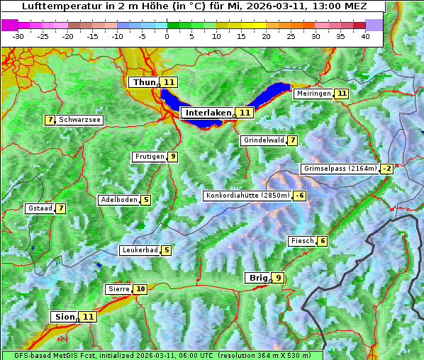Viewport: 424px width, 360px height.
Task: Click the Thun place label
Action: click(144, 82)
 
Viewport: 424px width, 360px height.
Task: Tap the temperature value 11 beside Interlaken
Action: click(245, 113)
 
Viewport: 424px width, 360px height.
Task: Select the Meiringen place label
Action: click(313, 94)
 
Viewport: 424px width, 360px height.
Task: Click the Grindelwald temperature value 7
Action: click(292, 140)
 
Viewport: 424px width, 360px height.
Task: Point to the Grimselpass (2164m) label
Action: click(340, 169)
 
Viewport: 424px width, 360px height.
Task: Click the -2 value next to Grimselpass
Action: click(386, 169)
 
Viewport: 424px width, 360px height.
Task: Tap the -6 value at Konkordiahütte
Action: click(300, 196)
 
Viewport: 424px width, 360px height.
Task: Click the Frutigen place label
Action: click(149, 157)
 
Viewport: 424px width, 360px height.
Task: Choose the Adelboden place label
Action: click(118, 200)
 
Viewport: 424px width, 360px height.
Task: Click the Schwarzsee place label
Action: click(79, 120)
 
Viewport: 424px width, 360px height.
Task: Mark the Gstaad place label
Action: click(40, 208)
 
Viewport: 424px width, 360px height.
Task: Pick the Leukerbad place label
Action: click(139, 250)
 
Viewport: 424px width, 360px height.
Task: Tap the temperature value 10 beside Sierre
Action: click(140, 289)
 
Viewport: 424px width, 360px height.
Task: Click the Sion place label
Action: click(63, 317)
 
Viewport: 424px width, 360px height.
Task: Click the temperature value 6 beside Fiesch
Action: click(323, 241)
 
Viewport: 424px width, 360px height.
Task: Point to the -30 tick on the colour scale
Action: click(18, 35)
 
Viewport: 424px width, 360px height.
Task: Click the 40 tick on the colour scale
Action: click(365, 35)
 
